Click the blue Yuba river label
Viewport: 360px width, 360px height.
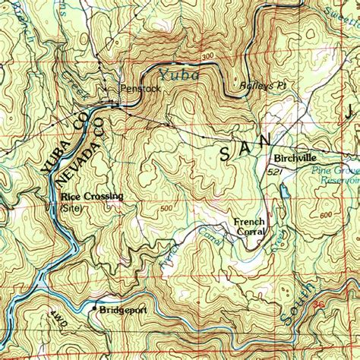pos(179,74)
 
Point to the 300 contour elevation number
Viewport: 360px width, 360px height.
pos(209,58)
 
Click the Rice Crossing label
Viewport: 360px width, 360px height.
pos(92,197)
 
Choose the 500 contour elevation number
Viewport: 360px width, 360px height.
pos(166,209)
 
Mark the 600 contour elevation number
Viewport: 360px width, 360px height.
pos(326,216)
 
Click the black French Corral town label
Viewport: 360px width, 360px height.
pos(249,226)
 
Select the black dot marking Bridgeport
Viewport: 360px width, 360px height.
pos(94,309)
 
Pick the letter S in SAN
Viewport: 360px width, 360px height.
pos(226,154)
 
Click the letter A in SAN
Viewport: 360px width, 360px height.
pos(245,147)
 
